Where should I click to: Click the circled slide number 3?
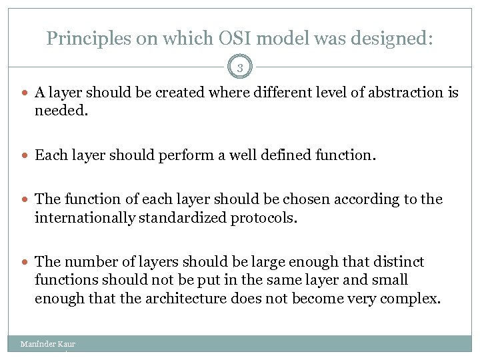[x=239, y=67]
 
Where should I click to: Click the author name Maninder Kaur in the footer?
[x=47, y=344]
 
